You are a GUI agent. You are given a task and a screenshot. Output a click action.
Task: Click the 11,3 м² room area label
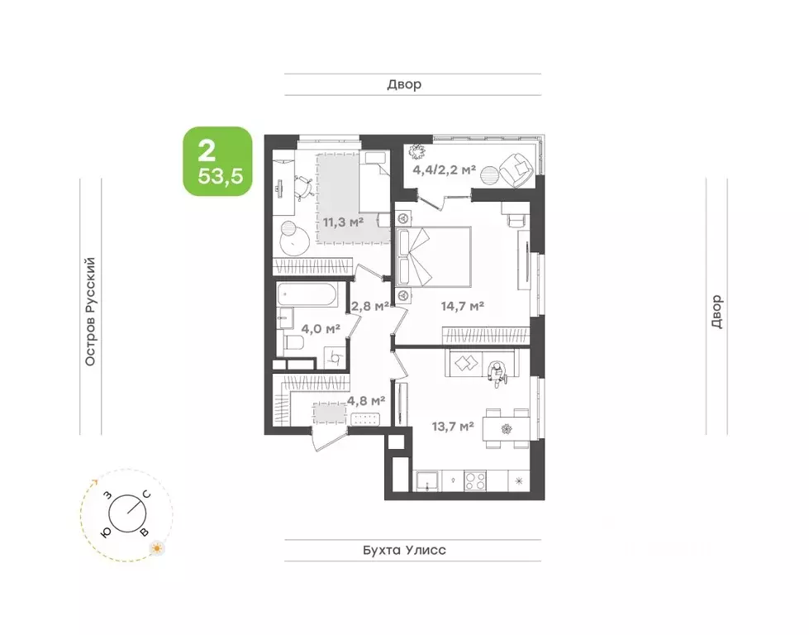tap(343, 222)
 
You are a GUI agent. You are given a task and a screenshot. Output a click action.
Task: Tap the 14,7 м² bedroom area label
tap(462, 306)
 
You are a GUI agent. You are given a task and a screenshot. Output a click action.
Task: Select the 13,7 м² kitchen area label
tap(453, 427)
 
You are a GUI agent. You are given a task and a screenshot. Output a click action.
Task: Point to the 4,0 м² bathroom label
tap(321, 328)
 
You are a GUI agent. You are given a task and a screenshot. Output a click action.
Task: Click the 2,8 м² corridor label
tap(369, 306)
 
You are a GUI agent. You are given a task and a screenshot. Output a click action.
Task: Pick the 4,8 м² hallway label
tap(366, 400)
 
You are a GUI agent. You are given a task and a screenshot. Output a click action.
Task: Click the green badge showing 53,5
tap(217, 161)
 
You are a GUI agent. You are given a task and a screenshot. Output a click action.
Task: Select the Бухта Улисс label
tap(405, 550)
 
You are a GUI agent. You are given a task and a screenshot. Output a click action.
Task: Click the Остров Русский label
tap(90, 312)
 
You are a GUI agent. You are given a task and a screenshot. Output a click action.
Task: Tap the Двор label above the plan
tap(405, 84)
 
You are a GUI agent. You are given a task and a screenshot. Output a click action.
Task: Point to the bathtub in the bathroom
tap(307, 294)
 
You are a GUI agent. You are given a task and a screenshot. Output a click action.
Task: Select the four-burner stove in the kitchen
tap(474, 481)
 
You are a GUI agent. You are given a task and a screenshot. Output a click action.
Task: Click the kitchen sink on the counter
tap(428, 481)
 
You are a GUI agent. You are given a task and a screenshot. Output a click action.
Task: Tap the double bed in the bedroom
tap(433, 256)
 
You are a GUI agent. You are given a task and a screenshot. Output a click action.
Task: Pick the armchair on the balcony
tap(516, 169)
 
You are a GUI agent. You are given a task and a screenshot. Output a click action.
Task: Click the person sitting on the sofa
tap(497, 373)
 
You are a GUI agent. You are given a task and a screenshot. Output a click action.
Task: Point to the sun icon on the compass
tap(156, 548)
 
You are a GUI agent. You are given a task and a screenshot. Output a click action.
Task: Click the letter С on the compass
tap(146, 494)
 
